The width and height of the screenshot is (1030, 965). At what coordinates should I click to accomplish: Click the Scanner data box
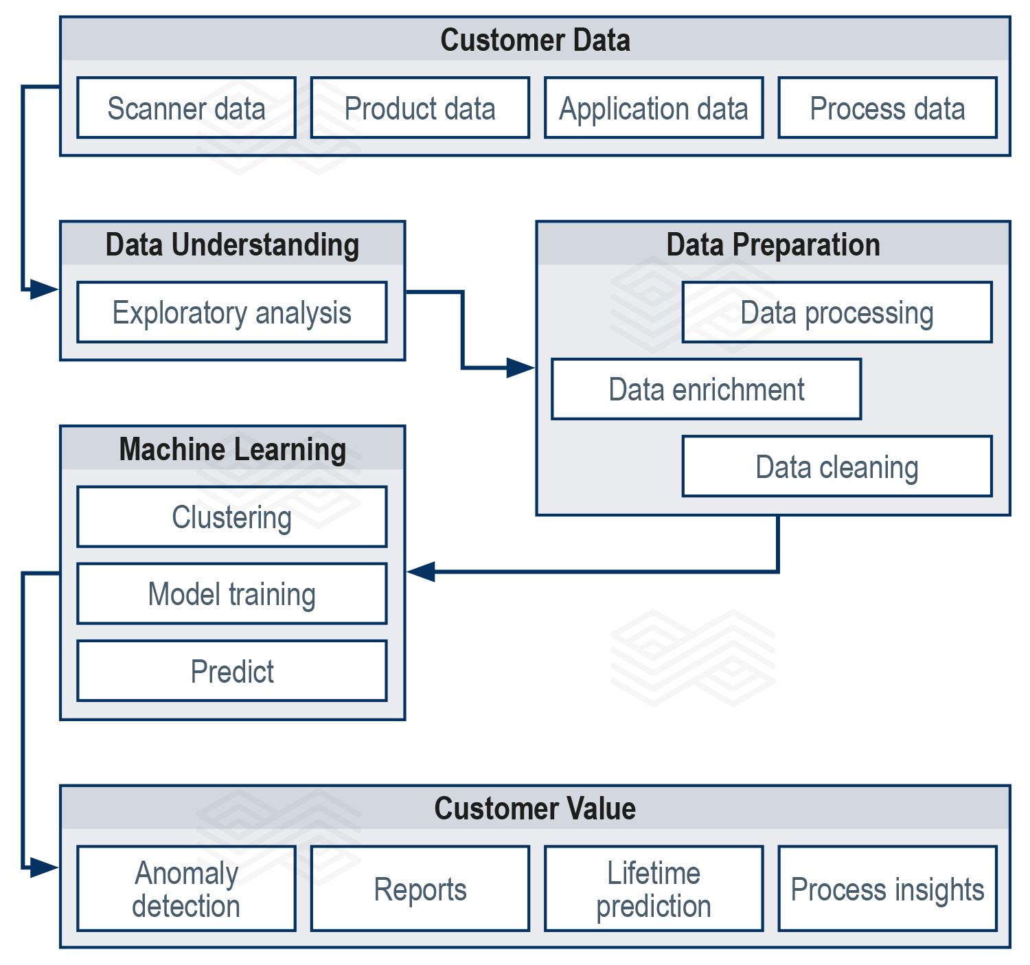click(x=186, y=108)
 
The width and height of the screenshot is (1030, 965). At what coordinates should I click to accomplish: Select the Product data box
click(x=420, y=108)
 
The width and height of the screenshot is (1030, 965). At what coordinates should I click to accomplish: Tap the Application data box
click(x=653, y=108)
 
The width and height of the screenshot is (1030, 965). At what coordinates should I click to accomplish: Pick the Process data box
click(x=887, y=108)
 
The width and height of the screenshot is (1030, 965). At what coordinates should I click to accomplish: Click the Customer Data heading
click(x=535, y=40)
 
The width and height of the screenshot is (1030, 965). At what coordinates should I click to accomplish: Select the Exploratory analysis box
click(x=231, y=313)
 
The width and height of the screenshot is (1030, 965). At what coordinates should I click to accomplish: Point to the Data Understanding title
click(x=232, y=245)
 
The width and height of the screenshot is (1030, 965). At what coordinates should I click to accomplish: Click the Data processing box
click(x=836, y=313)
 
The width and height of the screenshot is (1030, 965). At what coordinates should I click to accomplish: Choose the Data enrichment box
click(x=706, y=389)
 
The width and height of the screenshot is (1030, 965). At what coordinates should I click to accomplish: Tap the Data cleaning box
click(x=836, y=466)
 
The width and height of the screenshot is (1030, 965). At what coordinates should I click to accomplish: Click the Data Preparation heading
click(x=772, y=245)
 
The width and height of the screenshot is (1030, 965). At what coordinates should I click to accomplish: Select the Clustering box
click(x=231, y=517)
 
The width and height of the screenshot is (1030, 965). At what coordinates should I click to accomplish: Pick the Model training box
click(x=231, y=594)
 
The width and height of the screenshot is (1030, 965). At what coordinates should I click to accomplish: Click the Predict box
click(x=231, y=671)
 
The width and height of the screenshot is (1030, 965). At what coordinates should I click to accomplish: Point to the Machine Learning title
click(x=232, y=449)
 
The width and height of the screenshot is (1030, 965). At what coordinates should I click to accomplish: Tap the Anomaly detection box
click(x=186, y=889)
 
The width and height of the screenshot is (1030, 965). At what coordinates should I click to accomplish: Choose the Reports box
click(x=420, y=889)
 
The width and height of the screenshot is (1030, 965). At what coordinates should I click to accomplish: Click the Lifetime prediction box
click(x=653, y=889)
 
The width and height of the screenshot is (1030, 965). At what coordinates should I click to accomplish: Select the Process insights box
click(x=887, y=889)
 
